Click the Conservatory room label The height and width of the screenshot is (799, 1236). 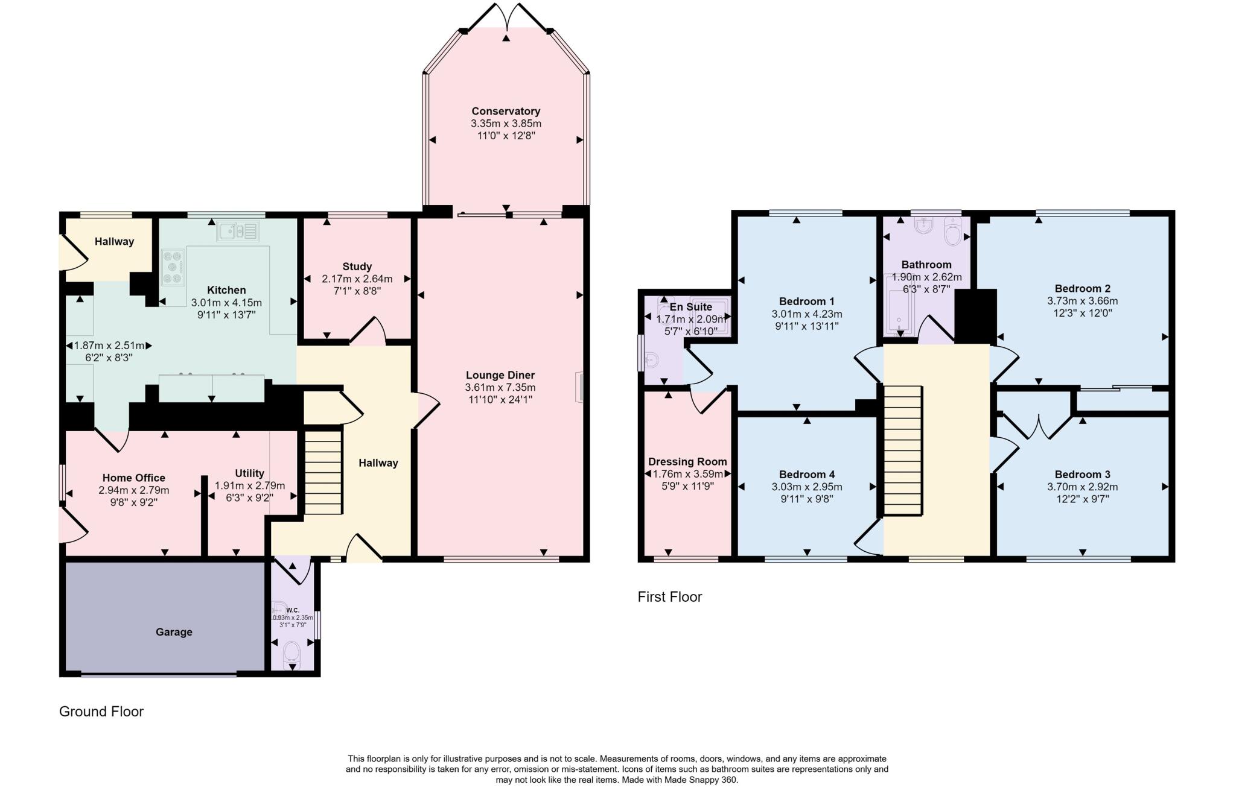506,111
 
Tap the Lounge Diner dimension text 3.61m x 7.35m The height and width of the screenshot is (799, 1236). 500,387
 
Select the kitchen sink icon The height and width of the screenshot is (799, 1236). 239,231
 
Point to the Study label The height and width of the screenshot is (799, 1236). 357,267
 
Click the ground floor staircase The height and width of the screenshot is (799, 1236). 323,473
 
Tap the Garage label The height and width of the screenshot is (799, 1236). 174,632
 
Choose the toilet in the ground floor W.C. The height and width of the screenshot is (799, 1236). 292,652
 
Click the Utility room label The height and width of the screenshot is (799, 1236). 249,473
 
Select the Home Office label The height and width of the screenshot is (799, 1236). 134,478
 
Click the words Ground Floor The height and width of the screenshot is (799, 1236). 101,712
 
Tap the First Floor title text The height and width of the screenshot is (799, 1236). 670,597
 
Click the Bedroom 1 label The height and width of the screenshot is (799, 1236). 807,302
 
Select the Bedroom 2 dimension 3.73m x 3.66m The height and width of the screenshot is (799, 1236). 1083,301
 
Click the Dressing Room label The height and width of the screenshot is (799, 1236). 687,462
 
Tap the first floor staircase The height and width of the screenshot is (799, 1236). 903,450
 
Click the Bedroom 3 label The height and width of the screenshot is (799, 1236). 1083,475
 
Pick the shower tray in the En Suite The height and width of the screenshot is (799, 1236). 711,315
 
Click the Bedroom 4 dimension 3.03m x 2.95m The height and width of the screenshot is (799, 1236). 807,487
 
